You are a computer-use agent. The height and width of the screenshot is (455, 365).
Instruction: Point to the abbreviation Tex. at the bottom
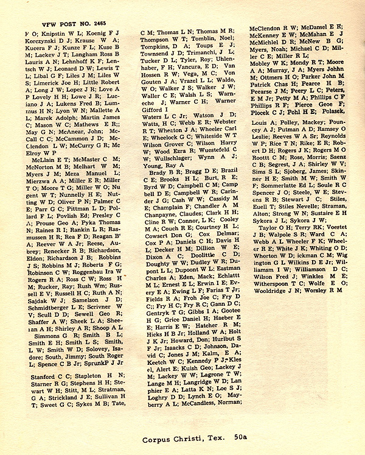214,437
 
